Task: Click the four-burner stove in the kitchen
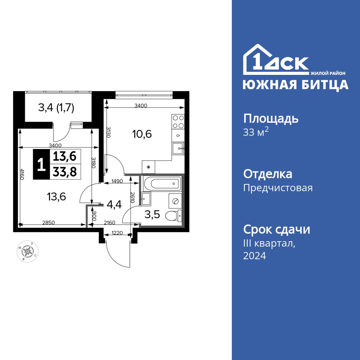click(x=178, y=122)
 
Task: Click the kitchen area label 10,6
click(x=142, y=134)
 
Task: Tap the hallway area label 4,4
click(x=114, y=205)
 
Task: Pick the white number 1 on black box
click(x=41, y=165)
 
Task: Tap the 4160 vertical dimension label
click(x=22, y=176)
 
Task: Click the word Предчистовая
click(x=278, y=188)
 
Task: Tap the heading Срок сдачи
click(x=276, y=229)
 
